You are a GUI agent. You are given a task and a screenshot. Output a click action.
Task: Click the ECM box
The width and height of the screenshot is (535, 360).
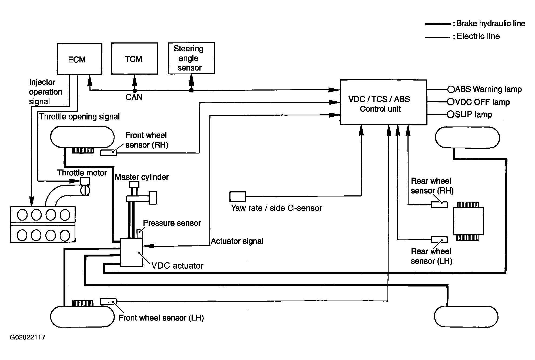click(x=80, y=59)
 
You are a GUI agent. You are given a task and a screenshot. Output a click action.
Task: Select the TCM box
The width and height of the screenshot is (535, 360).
click(x=135, y=58)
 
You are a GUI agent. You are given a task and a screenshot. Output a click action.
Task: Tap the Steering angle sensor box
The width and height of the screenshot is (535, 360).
click(x=191, y=58)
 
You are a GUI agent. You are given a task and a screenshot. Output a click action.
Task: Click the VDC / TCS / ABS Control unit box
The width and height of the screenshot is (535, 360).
click(x=383, y=102)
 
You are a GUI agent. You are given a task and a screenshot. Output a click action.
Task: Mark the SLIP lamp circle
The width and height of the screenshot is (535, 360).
click(x=451, y=115)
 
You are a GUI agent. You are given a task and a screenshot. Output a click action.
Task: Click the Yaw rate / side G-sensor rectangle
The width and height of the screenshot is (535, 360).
click(x=238, y=196)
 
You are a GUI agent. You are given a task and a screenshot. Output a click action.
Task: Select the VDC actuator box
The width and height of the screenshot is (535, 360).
click(x=132, y=252)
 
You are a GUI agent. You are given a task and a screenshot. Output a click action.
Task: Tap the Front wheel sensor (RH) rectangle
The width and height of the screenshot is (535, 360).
click(x=108, y=153)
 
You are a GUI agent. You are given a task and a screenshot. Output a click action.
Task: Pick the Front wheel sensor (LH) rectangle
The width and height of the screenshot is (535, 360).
click(x=108, y=301)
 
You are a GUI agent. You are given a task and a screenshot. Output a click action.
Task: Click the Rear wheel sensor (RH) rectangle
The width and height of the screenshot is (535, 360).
click(x=439, y=205)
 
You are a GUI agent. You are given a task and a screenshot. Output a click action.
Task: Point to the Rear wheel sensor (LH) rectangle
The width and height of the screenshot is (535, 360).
click(x=439, y=239)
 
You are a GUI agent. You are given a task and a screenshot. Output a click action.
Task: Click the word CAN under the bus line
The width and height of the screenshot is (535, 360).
click(x=134, y=97)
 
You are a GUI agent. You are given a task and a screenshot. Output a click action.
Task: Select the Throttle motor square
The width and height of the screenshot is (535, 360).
click(x=85, y=181)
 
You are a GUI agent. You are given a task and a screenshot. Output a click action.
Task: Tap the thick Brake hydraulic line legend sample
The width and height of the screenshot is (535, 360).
click(x=438, y=24)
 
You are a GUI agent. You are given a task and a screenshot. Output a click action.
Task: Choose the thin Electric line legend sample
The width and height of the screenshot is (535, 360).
click(x=438, y=37)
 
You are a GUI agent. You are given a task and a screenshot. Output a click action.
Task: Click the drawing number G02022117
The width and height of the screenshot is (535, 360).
click(x=28, y=337)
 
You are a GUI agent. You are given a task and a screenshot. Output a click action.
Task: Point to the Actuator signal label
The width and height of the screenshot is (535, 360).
click(x=237, y=241)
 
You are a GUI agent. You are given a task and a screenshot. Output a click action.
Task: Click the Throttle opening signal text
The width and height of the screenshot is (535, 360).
click(x=79, y=116)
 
